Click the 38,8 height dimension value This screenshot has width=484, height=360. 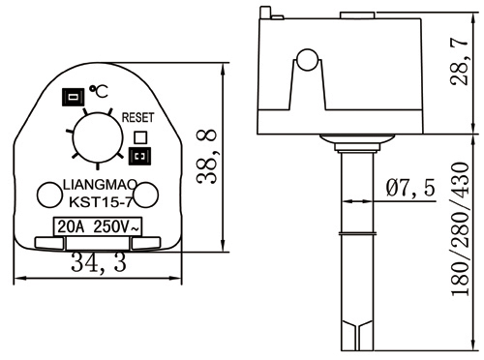click(207, 157)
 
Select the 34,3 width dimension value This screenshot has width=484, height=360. click(99, 262)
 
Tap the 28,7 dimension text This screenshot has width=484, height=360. click(459, 62)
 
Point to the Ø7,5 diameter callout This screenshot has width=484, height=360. click(410, 187)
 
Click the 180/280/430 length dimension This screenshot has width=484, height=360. click(460, 228)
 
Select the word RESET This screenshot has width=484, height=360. click(137, 117)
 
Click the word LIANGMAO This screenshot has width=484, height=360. click(100, 185)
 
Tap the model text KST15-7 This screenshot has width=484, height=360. click(101, 202)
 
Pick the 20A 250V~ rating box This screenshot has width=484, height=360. click(97, 226)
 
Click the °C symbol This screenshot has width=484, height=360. click(99, 92)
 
